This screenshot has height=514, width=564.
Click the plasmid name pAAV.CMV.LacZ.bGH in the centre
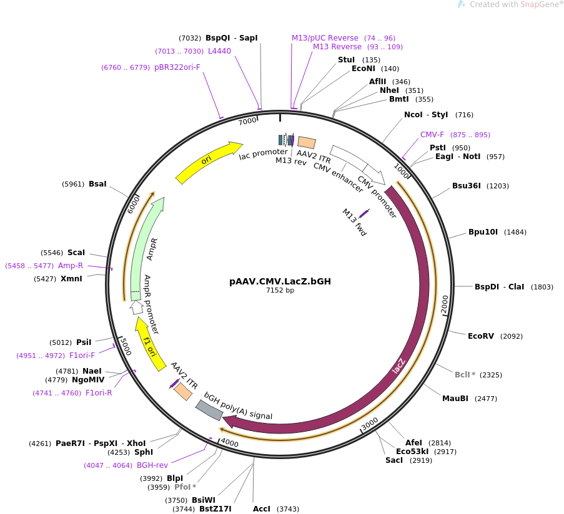point(280,281)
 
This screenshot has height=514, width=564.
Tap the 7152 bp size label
point(280,290)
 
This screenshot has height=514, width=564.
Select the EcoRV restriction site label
point(481,336)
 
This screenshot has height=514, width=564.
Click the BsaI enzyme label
point(97,184)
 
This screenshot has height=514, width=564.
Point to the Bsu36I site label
point(467,186)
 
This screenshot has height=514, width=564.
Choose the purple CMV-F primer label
point(432,135)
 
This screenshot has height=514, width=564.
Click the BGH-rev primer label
point(152,465)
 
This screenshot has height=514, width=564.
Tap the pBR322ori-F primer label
point(177,67)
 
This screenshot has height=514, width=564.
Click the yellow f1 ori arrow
point(149,344)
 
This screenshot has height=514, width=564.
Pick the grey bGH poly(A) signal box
point(209,410)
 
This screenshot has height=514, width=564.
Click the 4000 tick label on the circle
point(229,443)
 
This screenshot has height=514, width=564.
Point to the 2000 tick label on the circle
point(445,304)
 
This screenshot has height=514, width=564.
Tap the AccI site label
point(262,509)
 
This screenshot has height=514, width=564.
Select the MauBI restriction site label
point(455,399)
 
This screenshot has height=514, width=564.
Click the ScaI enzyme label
point(76,253)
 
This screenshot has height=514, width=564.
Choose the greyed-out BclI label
point(463,375)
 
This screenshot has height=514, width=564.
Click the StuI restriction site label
point(346,60)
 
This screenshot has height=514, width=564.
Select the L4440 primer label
point(219,51)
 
